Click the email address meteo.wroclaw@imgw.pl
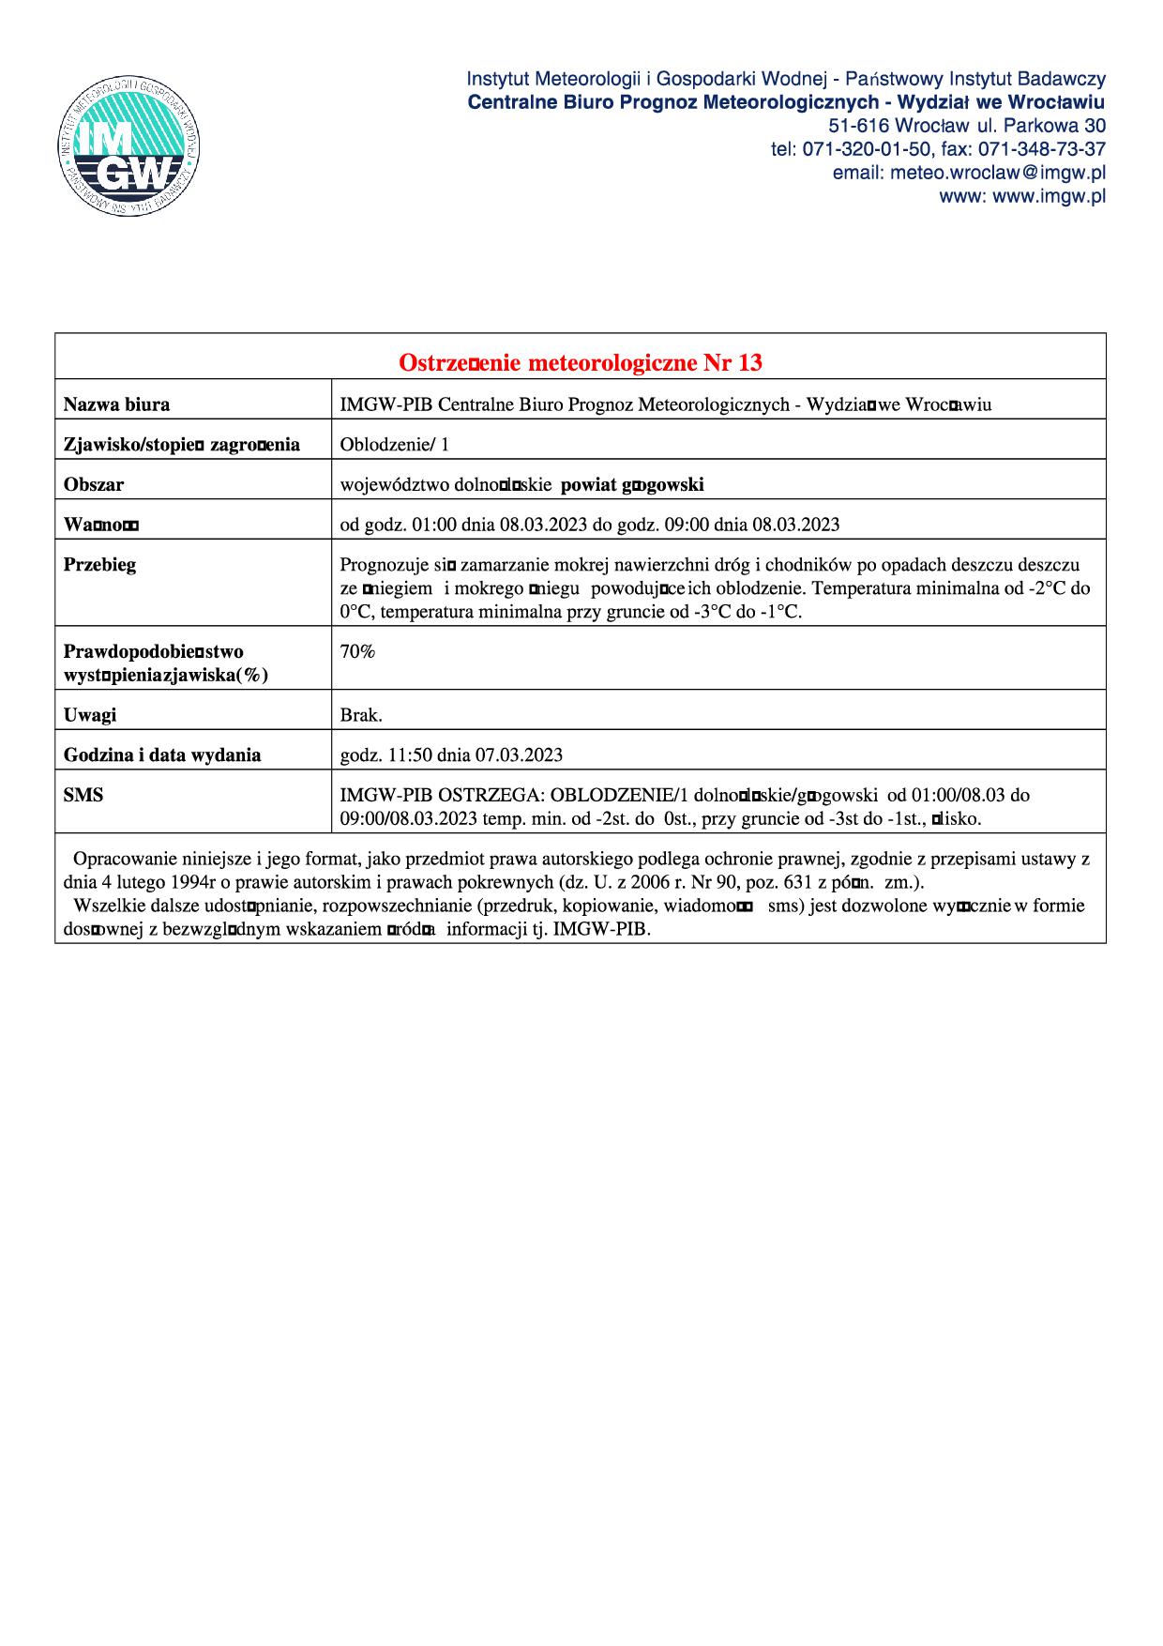coord(969,173)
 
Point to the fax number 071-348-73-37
coord(1042,149)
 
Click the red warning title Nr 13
coord(581,362)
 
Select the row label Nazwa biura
coord(116,404)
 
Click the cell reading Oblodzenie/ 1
coord(394,445)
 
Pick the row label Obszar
coord(93,485)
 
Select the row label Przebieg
coord(99,565)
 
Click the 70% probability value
coord(357,651)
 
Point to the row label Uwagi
coord(90,715)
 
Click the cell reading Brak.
coord(361,715)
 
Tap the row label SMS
coord(83,795)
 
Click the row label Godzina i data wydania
coord(162,754)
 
